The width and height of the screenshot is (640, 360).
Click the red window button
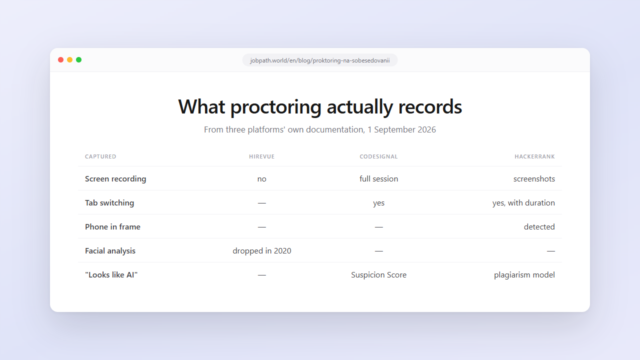[x=60, y=59]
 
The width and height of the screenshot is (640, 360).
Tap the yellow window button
[x=69, y=59]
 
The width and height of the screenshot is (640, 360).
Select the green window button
[x=79, y=59]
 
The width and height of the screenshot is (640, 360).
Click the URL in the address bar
[x=320, y=60]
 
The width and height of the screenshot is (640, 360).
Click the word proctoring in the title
[x=275, y=107]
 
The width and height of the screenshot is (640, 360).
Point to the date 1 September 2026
[x=401, y=129]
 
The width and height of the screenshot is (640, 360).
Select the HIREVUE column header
[x=261, y=156]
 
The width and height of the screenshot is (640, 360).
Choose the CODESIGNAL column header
[x=378, y=156]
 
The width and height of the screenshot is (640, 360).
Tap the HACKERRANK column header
[x=534, y=156]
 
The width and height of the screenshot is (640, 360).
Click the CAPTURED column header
[x=100, y=156]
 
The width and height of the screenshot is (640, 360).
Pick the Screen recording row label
[x=115, y=179]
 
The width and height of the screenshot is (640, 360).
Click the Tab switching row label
[x=109, y=203]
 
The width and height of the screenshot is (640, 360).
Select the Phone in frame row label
[x=112, y=227]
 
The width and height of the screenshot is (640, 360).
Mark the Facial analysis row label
[x=110, y=251]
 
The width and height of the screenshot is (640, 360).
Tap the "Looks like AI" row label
[x=111, y=275]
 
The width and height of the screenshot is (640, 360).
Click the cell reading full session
[x=378, y=179]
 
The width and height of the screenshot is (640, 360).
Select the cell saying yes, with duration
[x=523, y=203]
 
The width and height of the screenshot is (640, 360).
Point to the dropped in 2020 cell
[x=261, y=251]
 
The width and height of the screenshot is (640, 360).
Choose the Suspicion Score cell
[x=378, y=275]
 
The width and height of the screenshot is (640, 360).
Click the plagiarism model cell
[x=524, y=275]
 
